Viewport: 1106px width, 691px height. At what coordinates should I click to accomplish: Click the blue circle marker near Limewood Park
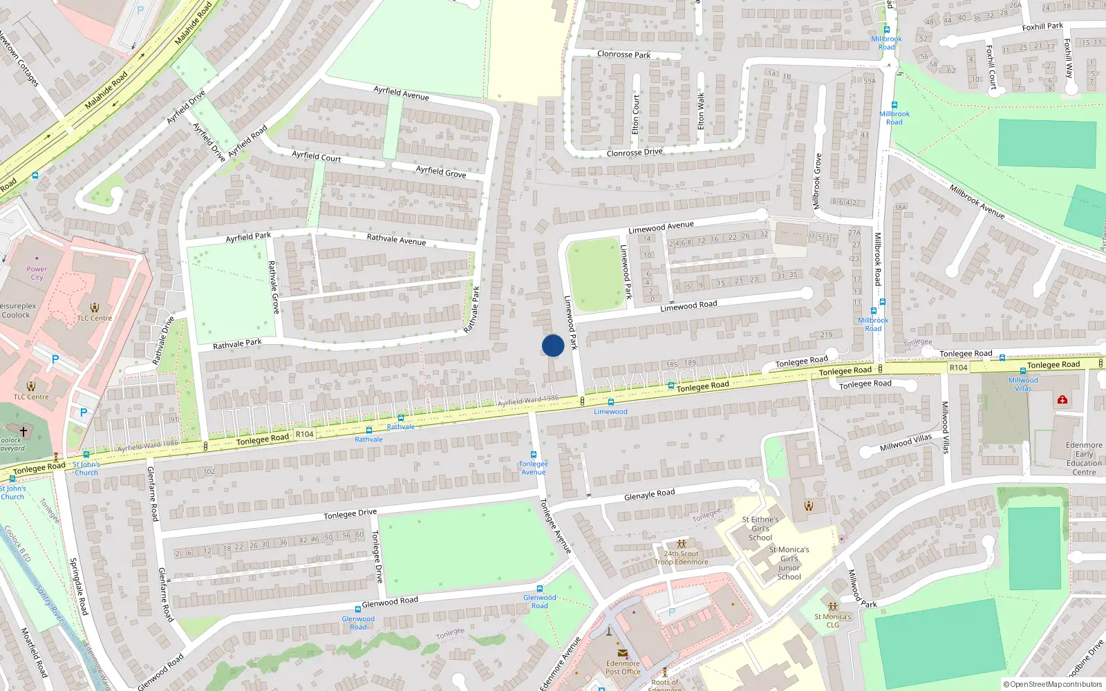(553, 345)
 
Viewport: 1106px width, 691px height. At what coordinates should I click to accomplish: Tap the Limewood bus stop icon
(610, 401)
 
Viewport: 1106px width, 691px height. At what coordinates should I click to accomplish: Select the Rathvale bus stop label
(368, 439)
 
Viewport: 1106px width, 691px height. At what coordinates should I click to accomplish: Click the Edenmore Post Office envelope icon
(622, 653)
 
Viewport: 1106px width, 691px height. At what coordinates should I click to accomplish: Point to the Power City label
(37, 273)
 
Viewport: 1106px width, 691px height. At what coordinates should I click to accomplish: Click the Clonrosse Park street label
(624, 54)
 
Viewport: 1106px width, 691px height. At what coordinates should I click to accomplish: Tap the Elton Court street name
(635, 114)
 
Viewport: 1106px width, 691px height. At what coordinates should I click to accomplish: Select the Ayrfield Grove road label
(440, 171)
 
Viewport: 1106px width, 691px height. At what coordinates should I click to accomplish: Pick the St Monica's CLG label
(832, 621)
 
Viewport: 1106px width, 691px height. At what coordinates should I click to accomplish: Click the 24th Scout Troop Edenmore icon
(681, 544)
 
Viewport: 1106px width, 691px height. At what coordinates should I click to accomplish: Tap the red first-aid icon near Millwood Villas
(1062, 399)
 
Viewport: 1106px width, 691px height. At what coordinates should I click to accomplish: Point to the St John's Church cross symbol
(24, 432)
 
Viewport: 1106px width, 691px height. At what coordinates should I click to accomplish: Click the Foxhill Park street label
(1042, 27)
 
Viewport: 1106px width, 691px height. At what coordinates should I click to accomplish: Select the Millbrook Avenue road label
(976, 201)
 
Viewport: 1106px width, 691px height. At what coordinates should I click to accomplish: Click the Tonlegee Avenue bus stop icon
(533, 455)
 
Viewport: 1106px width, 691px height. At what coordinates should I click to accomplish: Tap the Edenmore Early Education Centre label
(1084, 459)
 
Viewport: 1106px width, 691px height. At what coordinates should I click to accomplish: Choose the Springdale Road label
(79, 587)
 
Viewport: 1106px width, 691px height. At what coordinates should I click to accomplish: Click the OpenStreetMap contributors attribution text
(1055, 685)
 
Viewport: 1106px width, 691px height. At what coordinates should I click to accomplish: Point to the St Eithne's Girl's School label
(760, 529)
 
